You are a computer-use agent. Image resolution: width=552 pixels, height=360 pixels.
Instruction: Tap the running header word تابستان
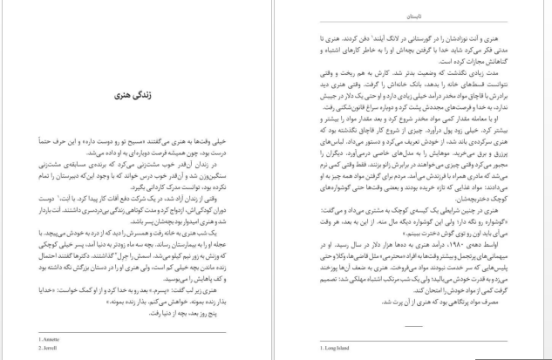click(x=414, y=16)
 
